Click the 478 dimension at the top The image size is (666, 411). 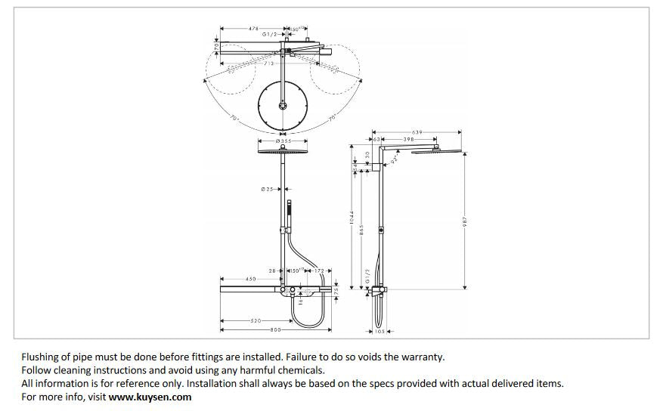click(x=253, y=29)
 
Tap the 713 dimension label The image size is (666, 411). click(x=268, y=64)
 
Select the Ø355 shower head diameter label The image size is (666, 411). click(x=283, y=141)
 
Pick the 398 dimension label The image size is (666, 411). click(x=408, y=140)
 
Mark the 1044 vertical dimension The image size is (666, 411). click(x=352, y=220)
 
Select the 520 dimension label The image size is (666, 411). click(x=255, y=321)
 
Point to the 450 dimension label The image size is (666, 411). click(x=250, y=279)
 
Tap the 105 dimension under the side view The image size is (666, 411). click(x=379, y=331)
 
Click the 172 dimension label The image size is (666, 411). click(x=319, y=270)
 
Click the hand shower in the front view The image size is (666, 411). click(x=289, y=208)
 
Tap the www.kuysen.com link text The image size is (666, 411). click(x=150, y=397)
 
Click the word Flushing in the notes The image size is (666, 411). click(x=41, y=356)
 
